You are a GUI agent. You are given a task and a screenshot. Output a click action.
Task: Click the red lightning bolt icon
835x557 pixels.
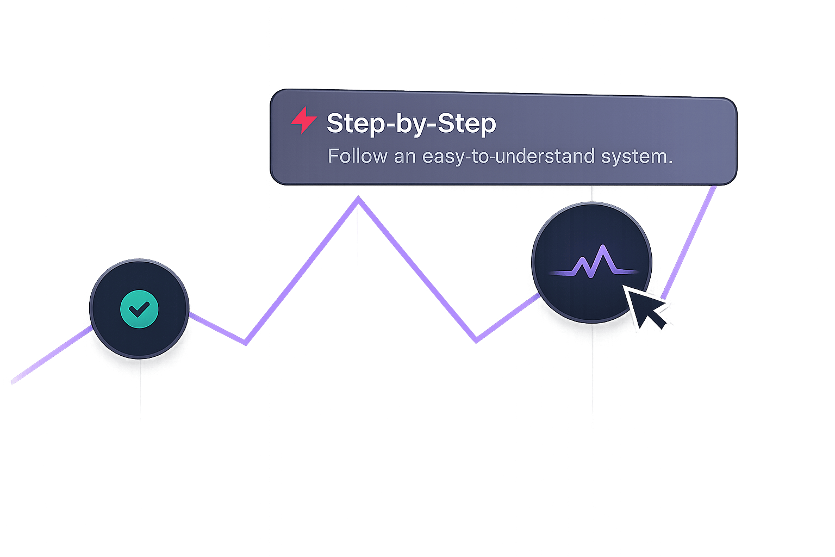pos(304,120)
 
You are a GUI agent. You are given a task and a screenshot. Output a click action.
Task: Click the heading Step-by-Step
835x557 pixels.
pos(411,123)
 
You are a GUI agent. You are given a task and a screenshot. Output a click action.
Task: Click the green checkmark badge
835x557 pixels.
pos(139,309)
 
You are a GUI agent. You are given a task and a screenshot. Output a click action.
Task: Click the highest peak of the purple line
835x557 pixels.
pos(358,200)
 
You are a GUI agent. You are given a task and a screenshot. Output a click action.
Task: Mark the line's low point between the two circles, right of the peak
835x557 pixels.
pos(476,340)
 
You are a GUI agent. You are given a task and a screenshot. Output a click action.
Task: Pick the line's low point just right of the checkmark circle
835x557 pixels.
pos(245,343)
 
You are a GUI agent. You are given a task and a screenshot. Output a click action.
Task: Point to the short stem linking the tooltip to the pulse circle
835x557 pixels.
pos(592,194)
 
